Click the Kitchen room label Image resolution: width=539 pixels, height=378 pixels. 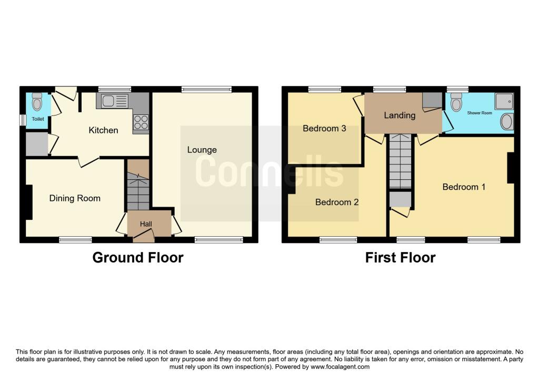103,130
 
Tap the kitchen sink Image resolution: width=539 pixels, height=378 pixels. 112,100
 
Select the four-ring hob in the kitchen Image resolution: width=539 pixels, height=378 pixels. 141,122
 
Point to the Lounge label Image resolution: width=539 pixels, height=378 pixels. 202,150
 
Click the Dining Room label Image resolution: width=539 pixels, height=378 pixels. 75,198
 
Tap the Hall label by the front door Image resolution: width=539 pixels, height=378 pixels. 146,224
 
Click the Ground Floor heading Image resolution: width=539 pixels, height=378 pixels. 138,257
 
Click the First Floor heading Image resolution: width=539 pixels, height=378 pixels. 401,257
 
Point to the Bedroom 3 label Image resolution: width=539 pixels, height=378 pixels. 324,128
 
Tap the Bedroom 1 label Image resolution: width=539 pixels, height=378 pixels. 464,187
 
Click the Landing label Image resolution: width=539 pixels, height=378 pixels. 400,115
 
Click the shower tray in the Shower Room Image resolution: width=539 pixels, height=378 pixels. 504,101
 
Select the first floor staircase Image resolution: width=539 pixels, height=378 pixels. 400,161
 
